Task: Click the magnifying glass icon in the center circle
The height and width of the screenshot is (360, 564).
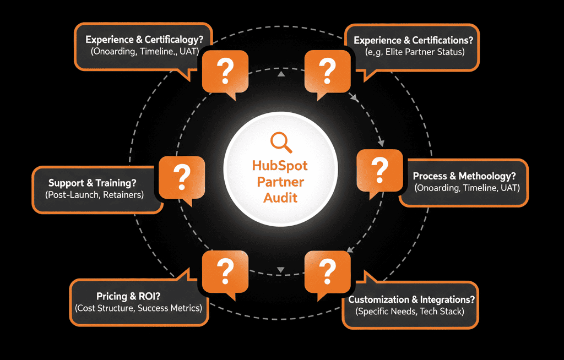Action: pyautogui.click(x=281, y=143)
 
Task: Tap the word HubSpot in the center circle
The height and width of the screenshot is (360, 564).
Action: pyautogui.click(x=280, y=166)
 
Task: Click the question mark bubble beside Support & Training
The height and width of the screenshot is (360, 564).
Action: pyautogui.click(x=182, y=177)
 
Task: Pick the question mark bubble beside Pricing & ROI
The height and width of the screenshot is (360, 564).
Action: pyautogui.click(x=225, y=271)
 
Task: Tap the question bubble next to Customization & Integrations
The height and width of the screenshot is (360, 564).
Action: pyautogui.click(x=327, y=271)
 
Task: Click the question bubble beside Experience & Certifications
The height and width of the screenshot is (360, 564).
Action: pyautogui.click(x=327, y=70)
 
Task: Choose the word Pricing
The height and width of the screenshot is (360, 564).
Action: pyautogui.click(x=113, y=296)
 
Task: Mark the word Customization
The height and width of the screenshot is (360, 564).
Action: pyautogui.click(x=379, y=300)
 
